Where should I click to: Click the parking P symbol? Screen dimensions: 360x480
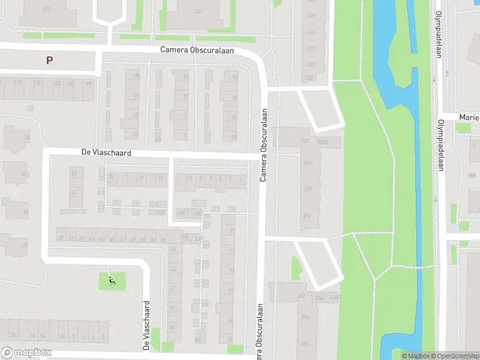(49, 60)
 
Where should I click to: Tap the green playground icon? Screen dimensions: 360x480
(112, 280)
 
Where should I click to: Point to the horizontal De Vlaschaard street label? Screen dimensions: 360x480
(106, 153)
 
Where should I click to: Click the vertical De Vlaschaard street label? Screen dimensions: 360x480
(145, 326)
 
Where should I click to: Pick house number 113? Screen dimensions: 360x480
(18, 83)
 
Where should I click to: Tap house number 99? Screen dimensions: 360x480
(89, 83)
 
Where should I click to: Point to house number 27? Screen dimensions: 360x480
(75, 173)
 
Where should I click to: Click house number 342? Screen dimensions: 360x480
(305, 140)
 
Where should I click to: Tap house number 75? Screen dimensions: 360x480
(172, 328)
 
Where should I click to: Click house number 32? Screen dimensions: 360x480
(25, 174)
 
